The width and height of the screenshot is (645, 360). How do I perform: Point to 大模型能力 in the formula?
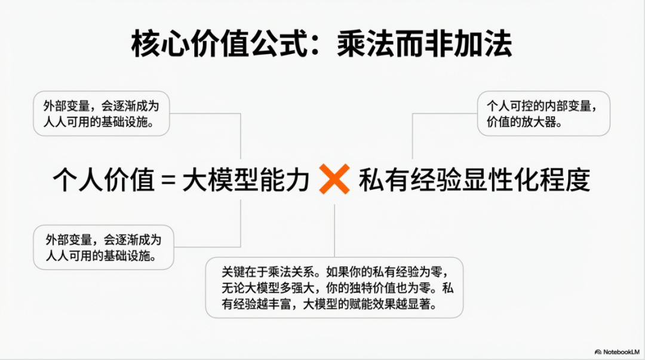click(245, 179)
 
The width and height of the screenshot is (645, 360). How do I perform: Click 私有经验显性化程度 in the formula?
click(474, 179)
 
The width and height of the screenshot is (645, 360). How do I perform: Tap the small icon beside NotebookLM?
click(598, 352)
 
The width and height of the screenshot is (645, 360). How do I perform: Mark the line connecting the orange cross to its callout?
click(334, 230)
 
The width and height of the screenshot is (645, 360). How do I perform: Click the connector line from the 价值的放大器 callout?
click(413, 134)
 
